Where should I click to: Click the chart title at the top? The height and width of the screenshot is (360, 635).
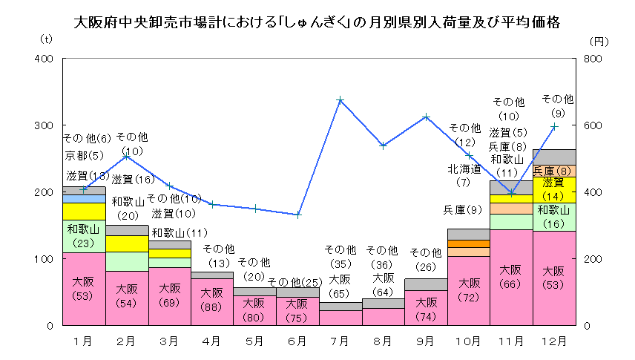click(x=317, y=22)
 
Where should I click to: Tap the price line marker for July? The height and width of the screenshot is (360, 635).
click(x=340, y=99)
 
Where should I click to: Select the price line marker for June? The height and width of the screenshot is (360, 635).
click(x=297, y=215)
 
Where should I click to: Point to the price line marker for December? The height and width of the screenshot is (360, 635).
click(x=554, y=127)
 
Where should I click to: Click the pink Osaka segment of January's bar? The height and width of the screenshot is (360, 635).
click(x=84, y=289)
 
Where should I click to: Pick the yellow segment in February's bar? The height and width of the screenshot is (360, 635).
click(x=126, y=243)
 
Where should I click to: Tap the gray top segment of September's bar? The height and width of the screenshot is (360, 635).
click(x=426, y=284)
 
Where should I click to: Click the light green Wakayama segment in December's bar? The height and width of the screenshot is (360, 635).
click(x=554, y=217)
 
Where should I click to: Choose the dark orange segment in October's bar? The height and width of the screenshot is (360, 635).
click(x=469, y=243)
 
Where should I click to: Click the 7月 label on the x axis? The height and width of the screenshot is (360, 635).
click(x=340, y=341)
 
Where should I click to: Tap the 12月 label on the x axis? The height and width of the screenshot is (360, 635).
click(x=554, y=341)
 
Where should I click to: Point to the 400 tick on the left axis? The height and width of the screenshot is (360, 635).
click(x=44, y=59)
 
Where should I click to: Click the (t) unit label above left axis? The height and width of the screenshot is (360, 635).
click(x=47, y=38)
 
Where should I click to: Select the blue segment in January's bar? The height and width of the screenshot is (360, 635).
click(x=84, y=198)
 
